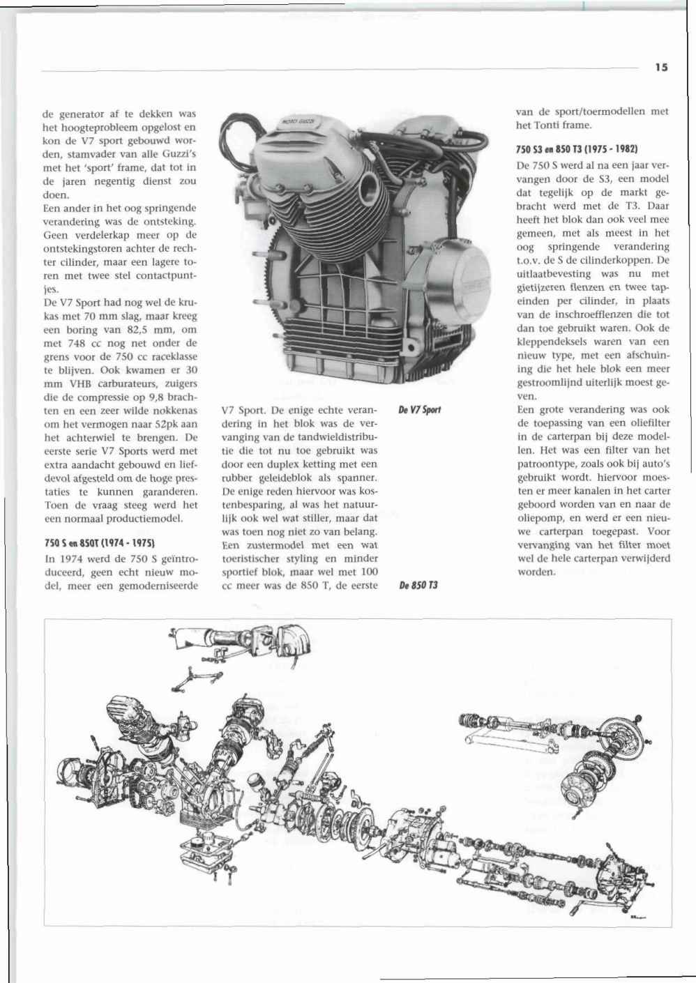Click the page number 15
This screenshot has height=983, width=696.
[661, 68]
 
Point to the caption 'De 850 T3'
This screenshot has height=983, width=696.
[418, 585]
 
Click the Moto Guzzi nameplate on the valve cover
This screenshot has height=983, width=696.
[301, 124]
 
